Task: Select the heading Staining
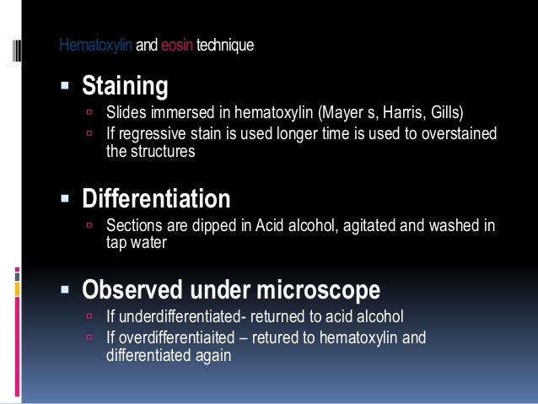124,86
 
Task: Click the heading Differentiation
155,200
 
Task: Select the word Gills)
444,112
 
